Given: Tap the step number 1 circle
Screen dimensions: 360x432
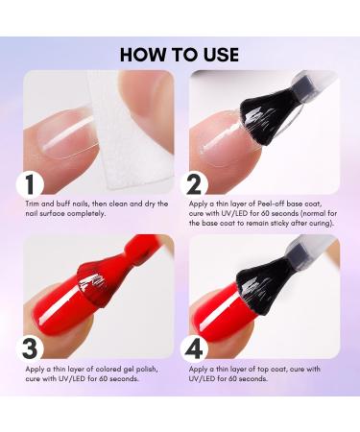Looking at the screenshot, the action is pyautogui.click(x=30, y=184).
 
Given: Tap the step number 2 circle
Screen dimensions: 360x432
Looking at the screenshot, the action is pyautogui.click(x=194, y=184).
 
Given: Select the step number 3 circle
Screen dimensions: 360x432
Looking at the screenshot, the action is pyautogui.click(x=30, y=348).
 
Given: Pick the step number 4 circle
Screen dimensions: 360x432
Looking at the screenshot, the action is pyautogui.click(x=194, y=348).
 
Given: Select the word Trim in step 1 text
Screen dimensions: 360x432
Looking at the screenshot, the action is pyautogui.click(x=33, y=204).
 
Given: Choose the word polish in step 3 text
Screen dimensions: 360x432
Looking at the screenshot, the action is pyautogui.click(x=148, y=370).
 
